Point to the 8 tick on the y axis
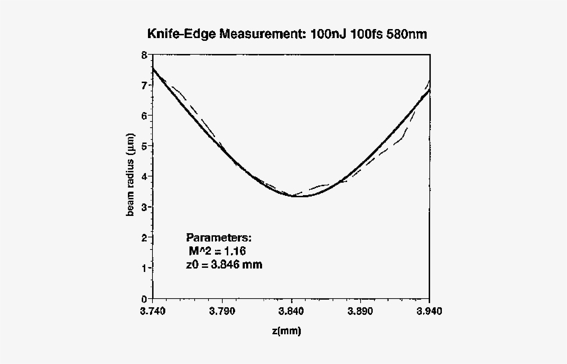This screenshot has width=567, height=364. (x=142, y=55)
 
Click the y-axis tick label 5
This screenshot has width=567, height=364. (x=142, y=146)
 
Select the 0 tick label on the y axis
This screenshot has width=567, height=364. (x=142, y=298)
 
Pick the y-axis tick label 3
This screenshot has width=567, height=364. (x=142, y=207)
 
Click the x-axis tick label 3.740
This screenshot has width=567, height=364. (x=152, y=311)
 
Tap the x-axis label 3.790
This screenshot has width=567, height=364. (x=222, y=311)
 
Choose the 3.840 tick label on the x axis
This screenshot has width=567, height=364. (x=291, y=311)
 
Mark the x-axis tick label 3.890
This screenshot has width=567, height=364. (x=361, y=311)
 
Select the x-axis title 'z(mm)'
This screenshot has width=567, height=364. (x=287, y=331)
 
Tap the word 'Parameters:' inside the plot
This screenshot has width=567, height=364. (x=214, y=237)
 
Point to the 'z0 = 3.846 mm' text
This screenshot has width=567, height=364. (x=225, y=264)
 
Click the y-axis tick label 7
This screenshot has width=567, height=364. (x=142, y=85)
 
